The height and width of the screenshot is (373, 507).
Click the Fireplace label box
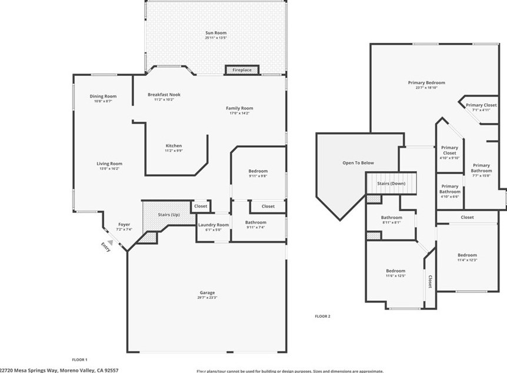(x=242, y=70)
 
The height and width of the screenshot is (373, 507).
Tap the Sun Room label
(x=216, y=33)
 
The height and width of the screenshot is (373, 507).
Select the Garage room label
(x=206, y=292)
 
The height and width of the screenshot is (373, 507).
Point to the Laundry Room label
(x=214, y=225)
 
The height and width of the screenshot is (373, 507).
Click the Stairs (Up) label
(x=168, y=215)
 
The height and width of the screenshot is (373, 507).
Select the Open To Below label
(x=358, y=163)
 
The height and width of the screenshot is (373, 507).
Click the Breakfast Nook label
(x=164, y=95)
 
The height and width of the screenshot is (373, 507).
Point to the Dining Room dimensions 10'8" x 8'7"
(x=103, y=101)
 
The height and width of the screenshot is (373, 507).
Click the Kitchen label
(x=174, y=145)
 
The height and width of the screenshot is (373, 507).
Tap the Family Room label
(x=239, y=108)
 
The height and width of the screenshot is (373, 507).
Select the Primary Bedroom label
(x=426, y=83)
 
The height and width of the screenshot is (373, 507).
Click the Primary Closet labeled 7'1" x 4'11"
(x=481, y=105)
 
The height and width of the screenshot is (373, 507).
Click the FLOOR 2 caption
(x=322, y=316)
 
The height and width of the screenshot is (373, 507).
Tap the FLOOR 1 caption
(x=79, y=359)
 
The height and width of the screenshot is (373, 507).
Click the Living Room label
(x=109, y=164)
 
